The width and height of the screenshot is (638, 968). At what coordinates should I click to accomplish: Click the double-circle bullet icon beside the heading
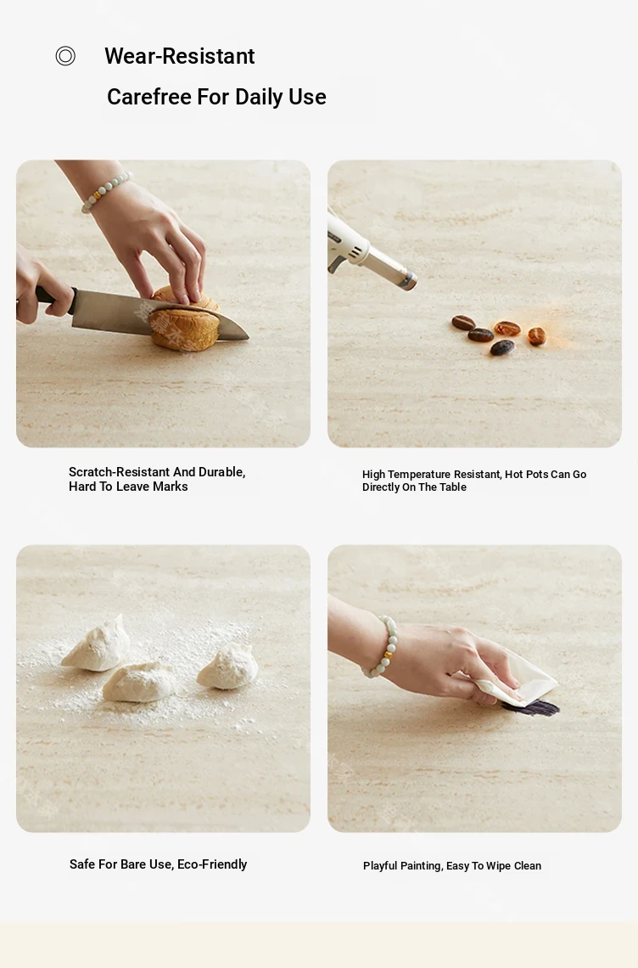[65, 56]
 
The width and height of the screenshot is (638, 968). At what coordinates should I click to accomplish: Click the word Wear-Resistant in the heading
[180, 56]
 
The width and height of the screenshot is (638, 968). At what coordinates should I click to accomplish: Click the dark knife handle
[55, 297]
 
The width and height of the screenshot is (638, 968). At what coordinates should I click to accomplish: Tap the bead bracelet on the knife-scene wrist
[105, 191]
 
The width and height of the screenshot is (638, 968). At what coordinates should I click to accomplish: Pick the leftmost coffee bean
[463, 323]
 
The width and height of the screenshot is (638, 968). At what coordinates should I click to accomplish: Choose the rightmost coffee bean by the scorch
[537, 336]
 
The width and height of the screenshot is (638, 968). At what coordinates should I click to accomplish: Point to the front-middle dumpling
[139, 682]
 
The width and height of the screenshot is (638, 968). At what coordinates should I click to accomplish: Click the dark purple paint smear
[531, 707]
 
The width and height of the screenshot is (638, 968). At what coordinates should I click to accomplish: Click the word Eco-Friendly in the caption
[212, 864]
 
